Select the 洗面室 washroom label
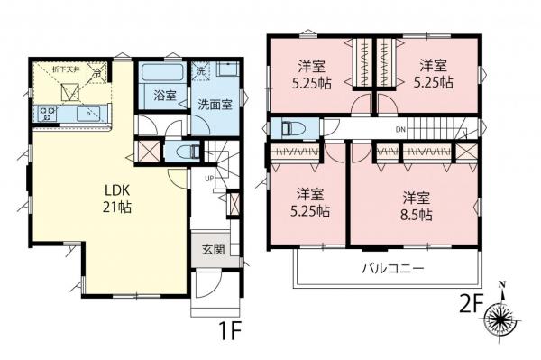[x=215, y=104]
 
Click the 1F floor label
[x=229, y=331]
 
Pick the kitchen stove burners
[x=46, y=114]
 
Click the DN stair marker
[x=399, y=131]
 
